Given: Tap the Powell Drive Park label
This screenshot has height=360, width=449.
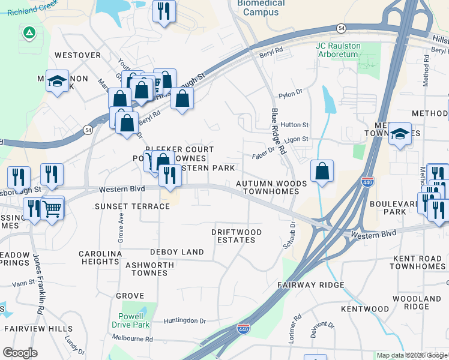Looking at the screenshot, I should pyautogui.click(x=130, y=320).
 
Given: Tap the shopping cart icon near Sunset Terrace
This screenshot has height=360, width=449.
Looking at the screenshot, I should pyautogui.click(x=53, y=209).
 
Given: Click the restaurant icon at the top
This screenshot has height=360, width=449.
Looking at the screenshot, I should pyautogui.click(x=164, y=10).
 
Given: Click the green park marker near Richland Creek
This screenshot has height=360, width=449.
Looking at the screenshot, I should pyautogui.click(x=28, y=33).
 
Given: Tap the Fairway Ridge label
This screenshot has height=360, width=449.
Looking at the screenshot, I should pyautogui.click(x=310, y=285).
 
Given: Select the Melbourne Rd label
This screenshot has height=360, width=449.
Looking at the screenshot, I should pyautogui.click(x=132, y=339).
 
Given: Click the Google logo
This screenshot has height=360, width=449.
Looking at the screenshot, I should pyautogui.click(x=20, y=353).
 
